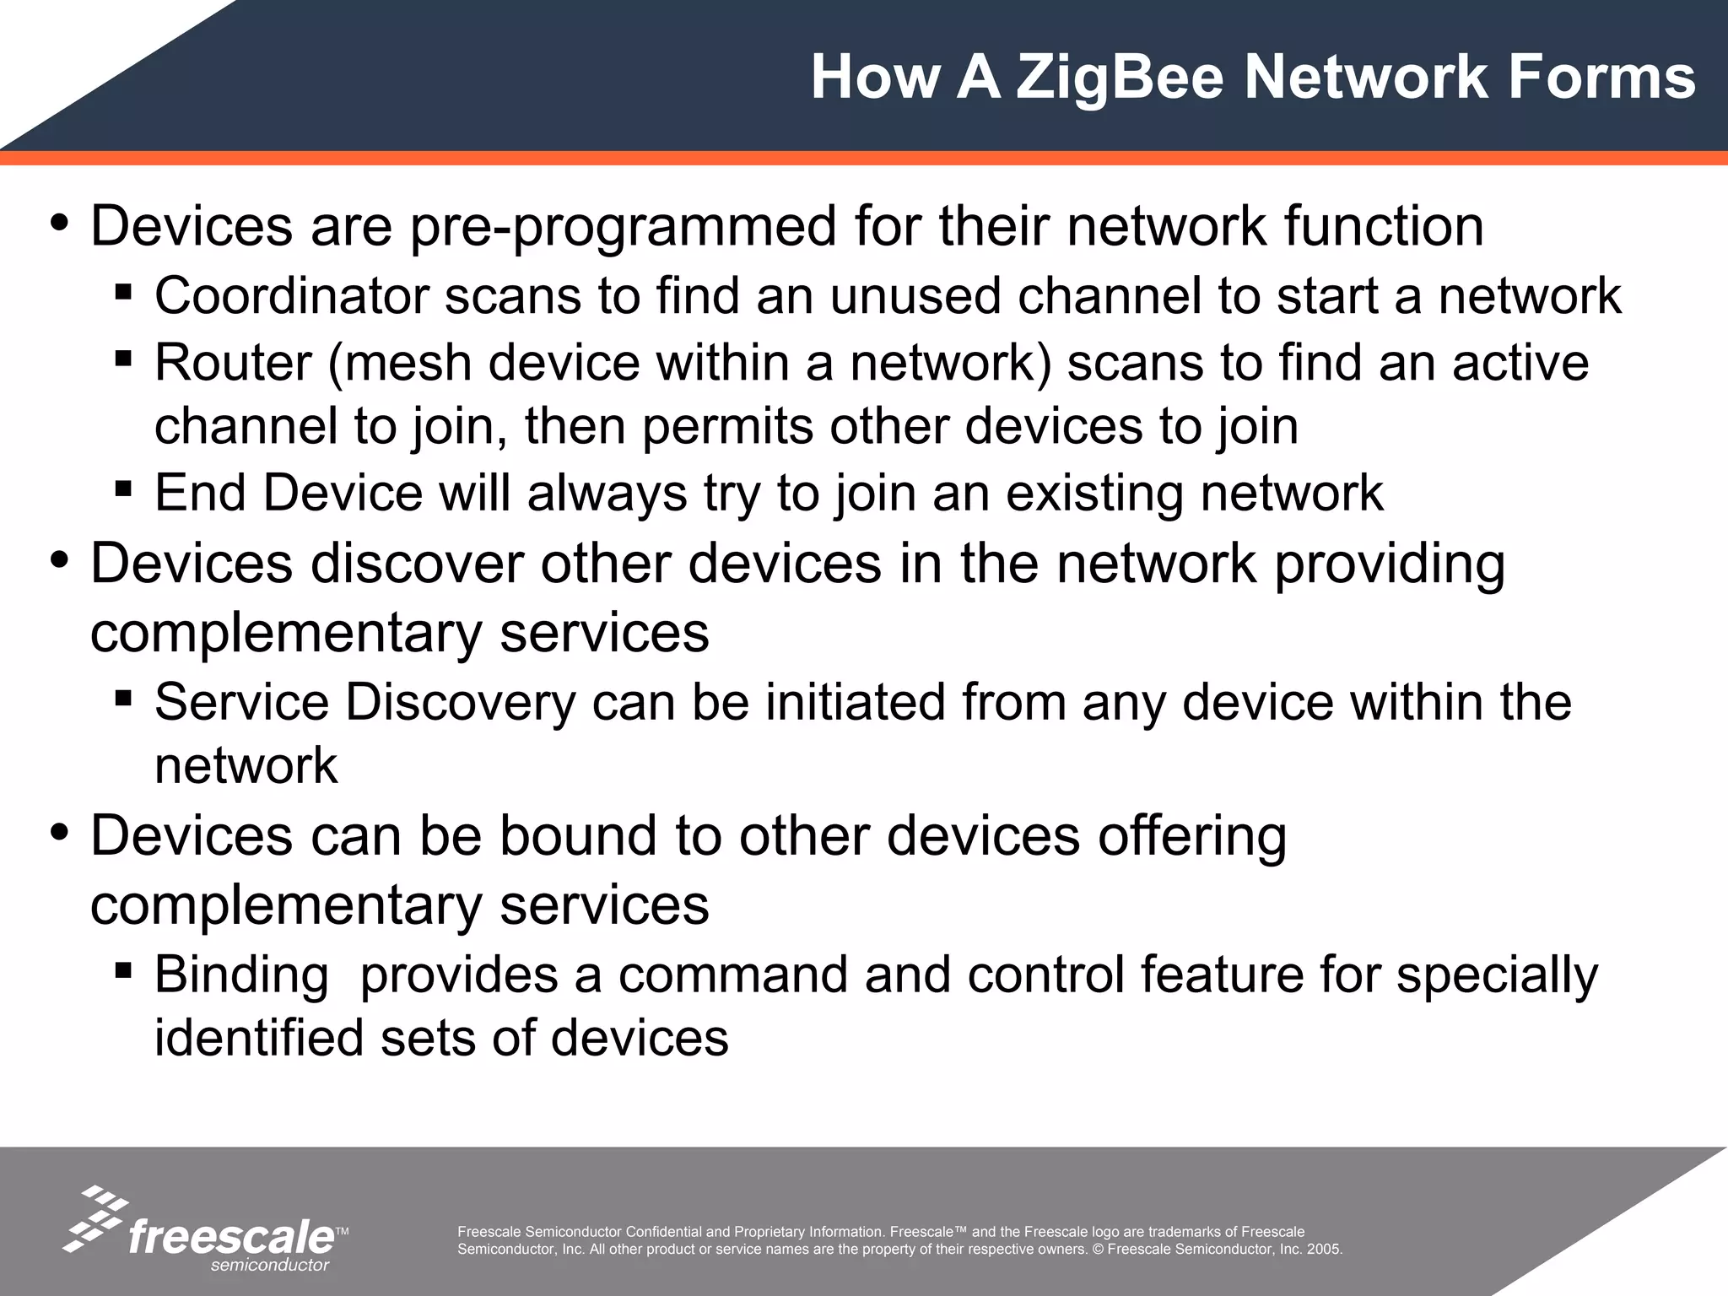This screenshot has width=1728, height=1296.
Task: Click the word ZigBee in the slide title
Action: tap(1120, 78)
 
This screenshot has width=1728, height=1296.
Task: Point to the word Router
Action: tap(233, 363)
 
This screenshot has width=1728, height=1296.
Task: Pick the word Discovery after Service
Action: tap(460, 702)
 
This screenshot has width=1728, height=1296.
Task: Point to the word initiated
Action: tap(856, 702)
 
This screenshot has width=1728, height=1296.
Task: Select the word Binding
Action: tap(241, 975)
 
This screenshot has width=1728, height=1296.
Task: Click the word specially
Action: tap(1497, 975)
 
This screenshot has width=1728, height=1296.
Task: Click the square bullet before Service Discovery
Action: tap(123, 698)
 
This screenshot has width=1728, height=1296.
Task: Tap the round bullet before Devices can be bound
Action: tap(59, 834)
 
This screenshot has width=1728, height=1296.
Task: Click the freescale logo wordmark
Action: tap(231, 1237)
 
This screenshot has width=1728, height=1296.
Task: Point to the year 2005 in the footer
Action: tap(1324, 1250)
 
